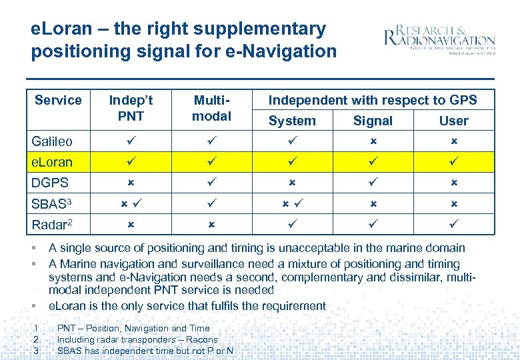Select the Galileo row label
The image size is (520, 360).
click(x=52, y=141)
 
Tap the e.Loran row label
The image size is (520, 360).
click(x=52, y=162)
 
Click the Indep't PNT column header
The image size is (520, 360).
click(x=131, y=108)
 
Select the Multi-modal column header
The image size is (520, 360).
click(x=211, y=108)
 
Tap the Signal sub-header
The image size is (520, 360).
click(x=373, y=121)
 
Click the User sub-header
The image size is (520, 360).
click(x=453, y=121)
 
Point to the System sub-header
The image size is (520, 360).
click(x=292, y=121)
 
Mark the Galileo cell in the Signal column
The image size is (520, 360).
click(x=373, y=142)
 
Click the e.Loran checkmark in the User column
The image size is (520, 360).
click(x=453, y=162)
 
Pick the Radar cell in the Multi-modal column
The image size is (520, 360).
click(x=211, y=225)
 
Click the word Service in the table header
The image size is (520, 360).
click(x=58, y=100)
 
